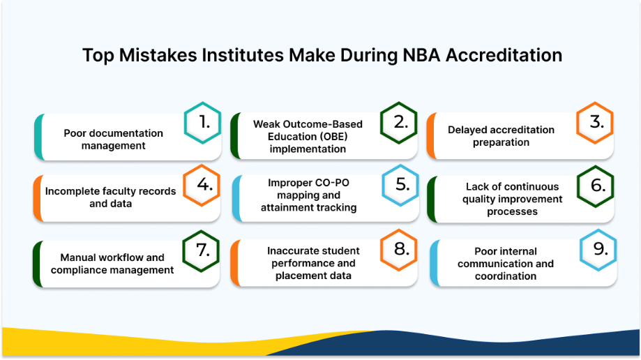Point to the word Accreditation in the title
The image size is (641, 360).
click(x=504, y=55)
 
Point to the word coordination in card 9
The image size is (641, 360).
click(x=506, y=276)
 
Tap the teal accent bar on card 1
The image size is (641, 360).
click(x=39, y=137)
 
